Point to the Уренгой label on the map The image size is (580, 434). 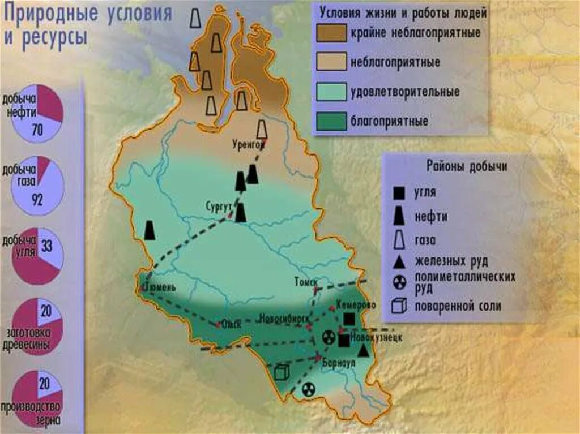(248, 144)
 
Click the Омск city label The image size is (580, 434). (231, 324)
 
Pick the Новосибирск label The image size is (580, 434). (284, 317)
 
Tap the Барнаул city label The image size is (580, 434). (338, 363)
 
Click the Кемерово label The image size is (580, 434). (356, 305)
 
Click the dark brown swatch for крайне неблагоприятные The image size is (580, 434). (332, 33)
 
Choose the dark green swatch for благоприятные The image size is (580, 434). (332, 121)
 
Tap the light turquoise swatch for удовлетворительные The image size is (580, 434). (332, 91)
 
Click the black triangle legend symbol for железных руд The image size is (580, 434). (399, 261)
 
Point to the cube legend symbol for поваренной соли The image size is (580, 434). (399, 306)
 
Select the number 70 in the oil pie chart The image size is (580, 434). (37, 131)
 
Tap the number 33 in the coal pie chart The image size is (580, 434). (47, 246)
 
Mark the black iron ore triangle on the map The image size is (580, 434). (363, 350)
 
